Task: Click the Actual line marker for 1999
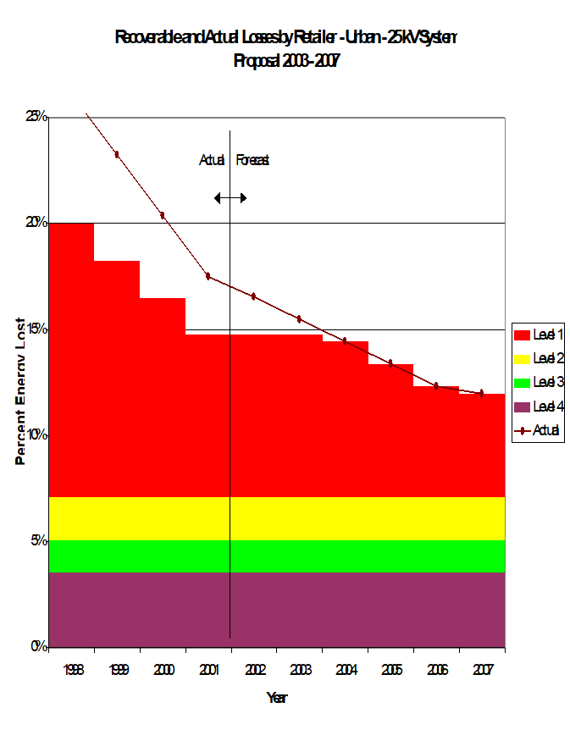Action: [x=117, y=154]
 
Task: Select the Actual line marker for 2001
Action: [x=208, y=276]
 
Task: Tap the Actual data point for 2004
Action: [x=345, y=341]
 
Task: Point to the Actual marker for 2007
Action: [x=481, y=393]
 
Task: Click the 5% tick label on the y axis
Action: [x=38, y=540]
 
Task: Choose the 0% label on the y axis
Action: [x=38, y=647]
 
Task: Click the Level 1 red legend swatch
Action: [x=522, y=336]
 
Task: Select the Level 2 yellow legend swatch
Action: [x=522, y=360]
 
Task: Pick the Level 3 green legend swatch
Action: [x=522, y=384]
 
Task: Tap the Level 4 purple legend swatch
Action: [x=522, y=407]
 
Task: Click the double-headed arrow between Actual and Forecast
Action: [x=230, y=198]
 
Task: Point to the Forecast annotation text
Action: [x=252, y=159]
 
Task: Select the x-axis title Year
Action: [x=277, y=698]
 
